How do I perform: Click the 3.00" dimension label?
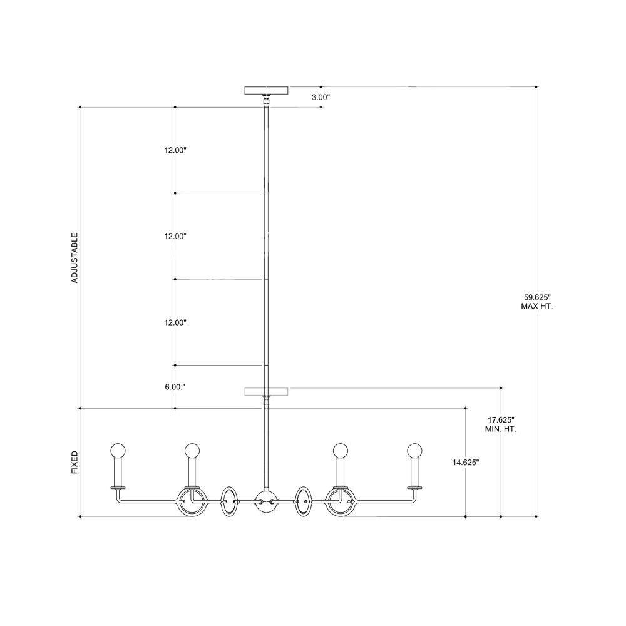(321, 96)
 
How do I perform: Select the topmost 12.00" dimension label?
(175, 150)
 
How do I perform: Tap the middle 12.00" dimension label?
(175, 237)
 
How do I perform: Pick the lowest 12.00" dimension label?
(175, 322)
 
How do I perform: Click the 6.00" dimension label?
(175, 387)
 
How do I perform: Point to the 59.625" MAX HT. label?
(537, 302)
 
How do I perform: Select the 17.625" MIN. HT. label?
(501, 424)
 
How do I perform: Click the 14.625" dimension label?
(466, 463)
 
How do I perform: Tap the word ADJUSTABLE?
(74, 258)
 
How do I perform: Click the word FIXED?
(74, 463)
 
